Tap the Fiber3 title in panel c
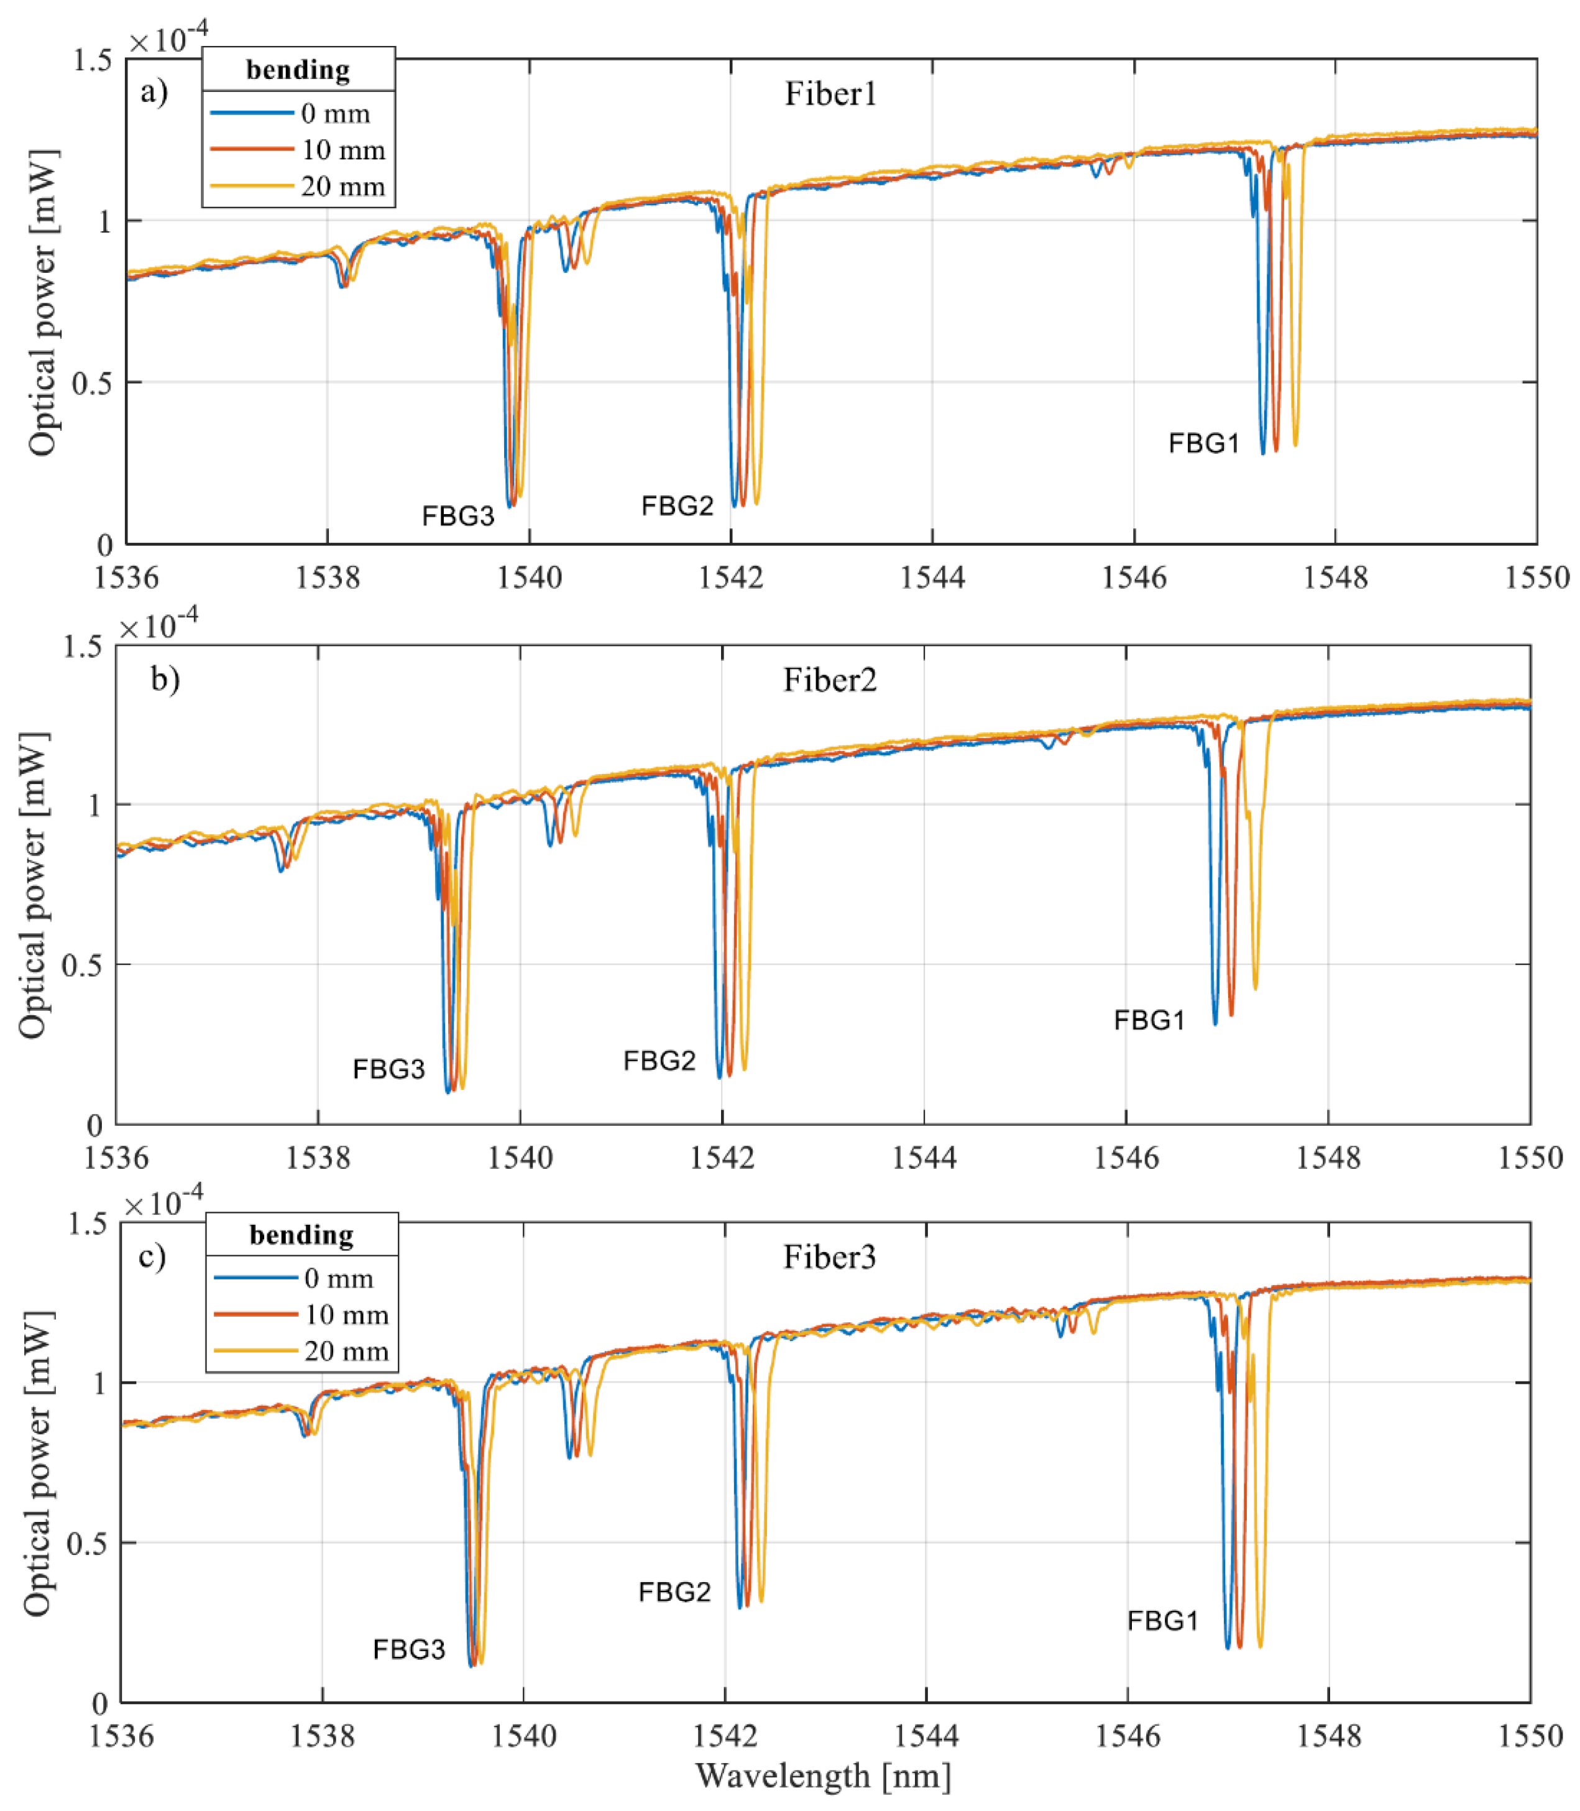coord(830,1256)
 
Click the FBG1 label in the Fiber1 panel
coord(1203,443)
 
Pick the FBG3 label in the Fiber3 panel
coord(408,1649)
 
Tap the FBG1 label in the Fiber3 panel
coord(1162,1621)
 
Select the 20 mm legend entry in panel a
coord(342,187)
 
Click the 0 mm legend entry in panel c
coord(338,1278)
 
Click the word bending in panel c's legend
coord(301,1235)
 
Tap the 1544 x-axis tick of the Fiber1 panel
coord(932,578)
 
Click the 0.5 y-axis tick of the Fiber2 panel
coord(81,965)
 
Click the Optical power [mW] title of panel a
coord(42,302)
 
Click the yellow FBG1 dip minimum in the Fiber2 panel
coord(1256,987)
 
